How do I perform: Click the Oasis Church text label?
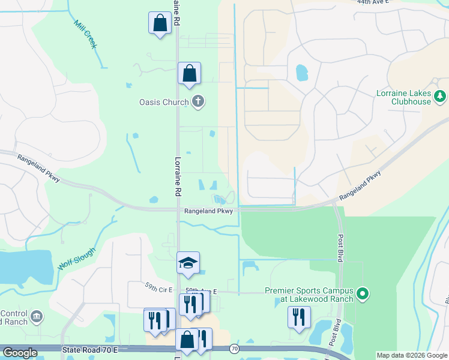[x=163, y=102]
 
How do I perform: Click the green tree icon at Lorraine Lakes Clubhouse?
[x=440, y=95]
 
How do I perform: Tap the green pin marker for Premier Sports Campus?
[x=362, y=294]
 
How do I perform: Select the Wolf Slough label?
[x=77, y=257]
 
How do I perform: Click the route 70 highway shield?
[x=234, y=349]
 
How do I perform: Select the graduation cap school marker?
[x=188, y=263]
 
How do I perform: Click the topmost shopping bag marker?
[x=160, y=24]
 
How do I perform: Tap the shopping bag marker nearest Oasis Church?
[x=189, y=74]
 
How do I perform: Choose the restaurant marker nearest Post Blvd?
[x=299, y=316]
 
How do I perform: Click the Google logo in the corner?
[x=20, y=353]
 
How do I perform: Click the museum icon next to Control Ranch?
[x=36, y=316]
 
